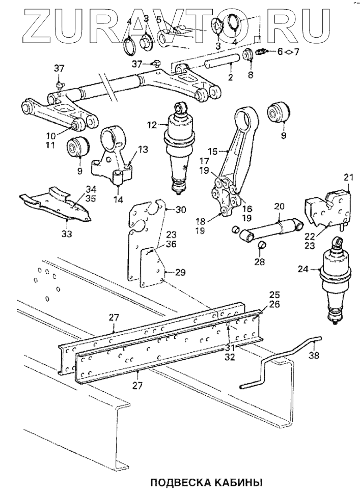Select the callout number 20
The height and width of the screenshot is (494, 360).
(278, 207)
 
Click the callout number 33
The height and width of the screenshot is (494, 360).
(67, 234)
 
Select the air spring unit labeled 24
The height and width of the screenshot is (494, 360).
(335, 285)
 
